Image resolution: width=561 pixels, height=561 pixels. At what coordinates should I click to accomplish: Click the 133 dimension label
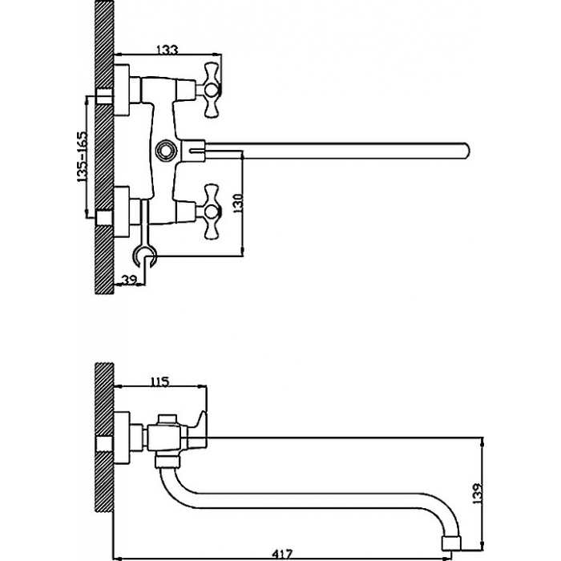[167, 50]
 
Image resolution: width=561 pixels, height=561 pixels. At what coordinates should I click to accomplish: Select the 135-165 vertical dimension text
[82, 156]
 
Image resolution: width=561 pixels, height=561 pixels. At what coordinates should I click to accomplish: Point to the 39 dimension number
[130, 280]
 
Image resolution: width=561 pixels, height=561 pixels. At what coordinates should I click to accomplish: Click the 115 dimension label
[159, 381]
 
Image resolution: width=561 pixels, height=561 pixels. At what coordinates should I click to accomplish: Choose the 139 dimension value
[477, 494]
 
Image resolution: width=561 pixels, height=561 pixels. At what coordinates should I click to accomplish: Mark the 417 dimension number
[283, 555]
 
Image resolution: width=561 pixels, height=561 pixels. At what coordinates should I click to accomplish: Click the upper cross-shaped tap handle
[211, 90]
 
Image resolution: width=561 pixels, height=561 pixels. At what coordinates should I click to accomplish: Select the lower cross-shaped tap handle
[211, 212]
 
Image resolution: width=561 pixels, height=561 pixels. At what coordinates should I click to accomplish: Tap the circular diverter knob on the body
[167, 149]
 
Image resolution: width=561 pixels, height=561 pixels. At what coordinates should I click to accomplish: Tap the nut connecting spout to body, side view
[167, 461]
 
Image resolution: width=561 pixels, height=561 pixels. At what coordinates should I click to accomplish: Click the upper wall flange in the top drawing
[122, 90]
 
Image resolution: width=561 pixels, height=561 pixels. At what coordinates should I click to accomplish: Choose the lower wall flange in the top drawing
[122, 212]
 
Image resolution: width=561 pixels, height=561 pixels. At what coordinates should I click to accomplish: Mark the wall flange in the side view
[122, 438]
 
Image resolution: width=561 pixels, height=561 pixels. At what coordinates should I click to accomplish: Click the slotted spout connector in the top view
[193, 151]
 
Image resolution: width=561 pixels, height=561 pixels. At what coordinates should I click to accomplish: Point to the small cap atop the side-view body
[167, 419]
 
